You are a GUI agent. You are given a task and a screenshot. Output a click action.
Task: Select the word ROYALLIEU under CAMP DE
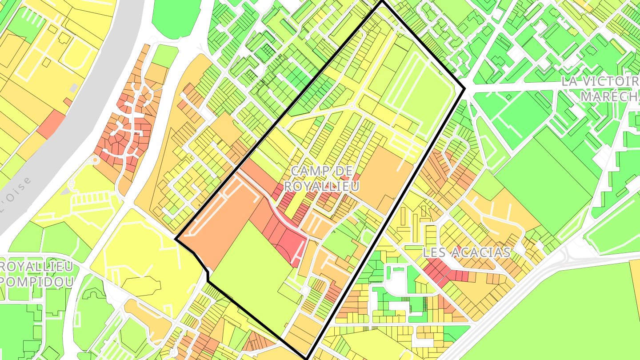pyautogui.click(x=321, y=186)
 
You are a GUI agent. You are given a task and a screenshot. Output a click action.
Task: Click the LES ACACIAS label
pyautogui.click(x=466, y=252)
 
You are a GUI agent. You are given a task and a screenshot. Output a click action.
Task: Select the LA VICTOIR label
pyautogui.click(x=600, y=82)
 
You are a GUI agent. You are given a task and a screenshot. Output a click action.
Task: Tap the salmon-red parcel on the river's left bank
pyautogui.click(x=51, y=124)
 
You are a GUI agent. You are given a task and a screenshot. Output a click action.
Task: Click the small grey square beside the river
pyautogui.click(x=74, y=88)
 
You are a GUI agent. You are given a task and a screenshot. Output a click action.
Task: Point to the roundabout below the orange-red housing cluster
pyautogui.click(x=95, y=160)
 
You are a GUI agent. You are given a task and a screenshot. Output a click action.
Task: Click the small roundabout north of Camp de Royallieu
pyautogui.click(x=351, y=106)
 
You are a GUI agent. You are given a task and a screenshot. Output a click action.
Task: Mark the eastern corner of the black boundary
pyautogui.click(x=464, y=89)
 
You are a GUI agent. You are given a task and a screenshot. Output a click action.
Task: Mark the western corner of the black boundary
pyautogui.click(x=176, y=240)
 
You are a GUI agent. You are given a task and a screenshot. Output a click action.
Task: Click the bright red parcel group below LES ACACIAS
pyautogui.click(x=438, y=270)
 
